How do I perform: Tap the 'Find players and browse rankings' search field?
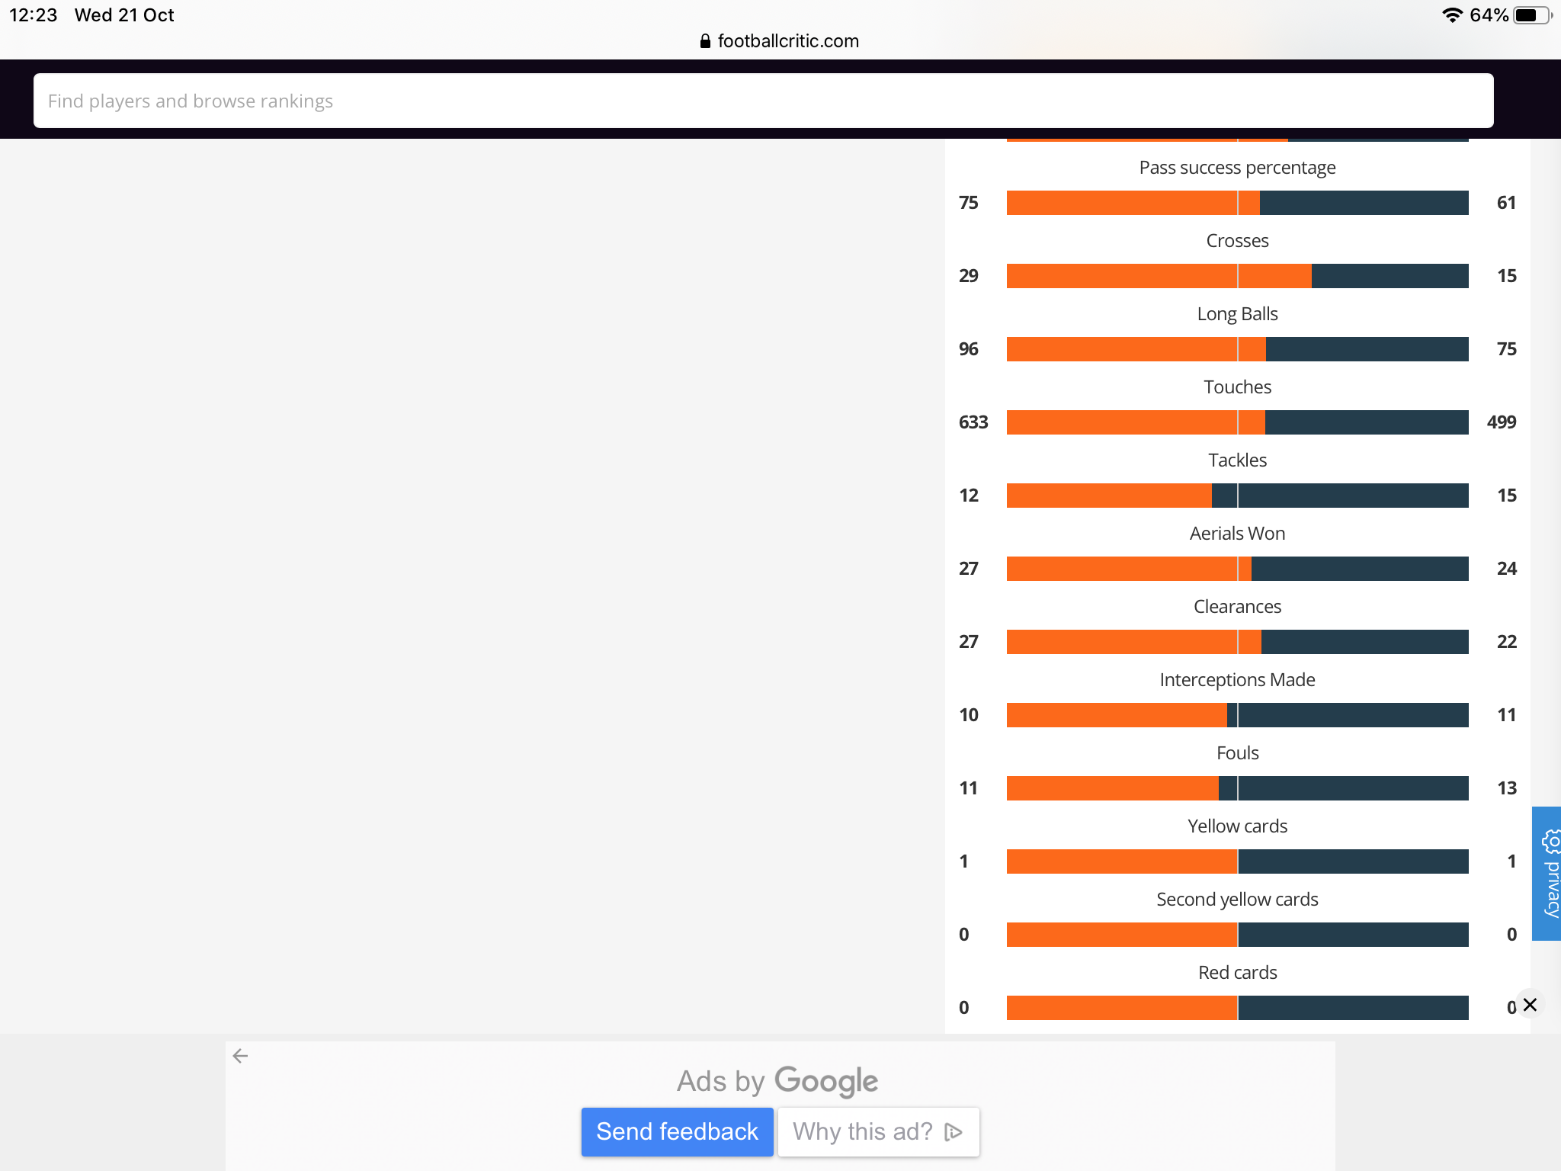[763, 101]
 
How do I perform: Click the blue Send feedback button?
[677, 1131]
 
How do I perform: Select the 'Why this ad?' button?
[878, 1131]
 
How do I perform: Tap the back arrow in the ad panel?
[240, 1056]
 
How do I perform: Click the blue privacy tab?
[1547, 873]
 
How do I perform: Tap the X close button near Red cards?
[1530, 1005]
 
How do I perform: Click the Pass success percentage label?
[1237, 168]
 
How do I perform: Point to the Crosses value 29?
[969, 276]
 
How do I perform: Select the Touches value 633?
[973, 422]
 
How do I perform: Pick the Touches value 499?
[1502, 422]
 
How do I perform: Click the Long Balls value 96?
[969, 349]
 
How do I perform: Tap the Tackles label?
[1237, 460]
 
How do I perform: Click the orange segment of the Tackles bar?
[1109, 496]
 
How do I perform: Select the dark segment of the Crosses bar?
[1390, 276]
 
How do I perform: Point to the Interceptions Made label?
[1237, 679]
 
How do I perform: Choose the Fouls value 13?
[1507, 788]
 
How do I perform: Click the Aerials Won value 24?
[1507, 569]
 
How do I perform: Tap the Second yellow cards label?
[1237, 900]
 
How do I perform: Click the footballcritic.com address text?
[788, 41]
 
